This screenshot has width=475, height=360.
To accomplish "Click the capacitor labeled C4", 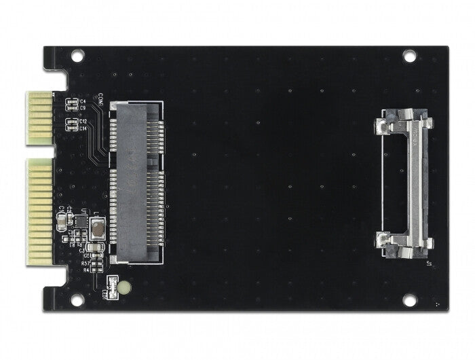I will point(69,102).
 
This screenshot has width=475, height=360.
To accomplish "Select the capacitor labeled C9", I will point(69,107).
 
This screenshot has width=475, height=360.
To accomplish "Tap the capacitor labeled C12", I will point(69,122).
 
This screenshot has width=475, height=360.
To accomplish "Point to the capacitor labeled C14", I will point(69,127).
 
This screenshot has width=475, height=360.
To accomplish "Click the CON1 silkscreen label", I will point(100,98).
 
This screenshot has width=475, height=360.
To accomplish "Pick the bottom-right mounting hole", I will point(408,300).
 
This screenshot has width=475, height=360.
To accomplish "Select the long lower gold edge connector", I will point(40,211).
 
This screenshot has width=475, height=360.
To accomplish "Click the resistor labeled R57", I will point(98,262).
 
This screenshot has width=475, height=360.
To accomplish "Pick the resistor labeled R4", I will point(98,269).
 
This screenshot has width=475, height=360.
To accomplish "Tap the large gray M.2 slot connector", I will point(136,182).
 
